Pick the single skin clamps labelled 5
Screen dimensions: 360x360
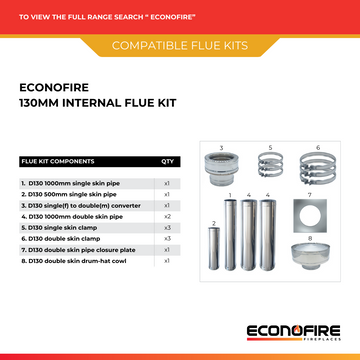[x=268, y=172]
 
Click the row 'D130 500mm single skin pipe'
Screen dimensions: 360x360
[x=70, y=194]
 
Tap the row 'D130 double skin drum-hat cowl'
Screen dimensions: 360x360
[x=80, y=260]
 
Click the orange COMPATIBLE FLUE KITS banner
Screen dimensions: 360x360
[x=180, y=46]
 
